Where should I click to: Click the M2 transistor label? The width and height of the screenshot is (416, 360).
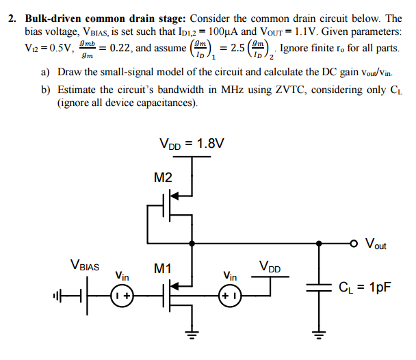point(164,178)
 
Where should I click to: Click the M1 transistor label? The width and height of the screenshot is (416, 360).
point(162,269)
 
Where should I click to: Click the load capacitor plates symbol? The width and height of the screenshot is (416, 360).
point(318,288)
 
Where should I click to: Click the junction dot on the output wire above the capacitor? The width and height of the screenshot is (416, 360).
point(318,242)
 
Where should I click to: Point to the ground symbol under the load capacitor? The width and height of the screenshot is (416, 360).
point(318,336)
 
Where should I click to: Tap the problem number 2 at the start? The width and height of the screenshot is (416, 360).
point(12,18)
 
